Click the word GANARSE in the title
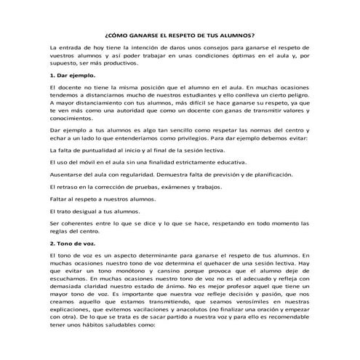(144, 34)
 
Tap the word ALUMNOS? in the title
(239, 34)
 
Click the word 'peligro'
(297, 95)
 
